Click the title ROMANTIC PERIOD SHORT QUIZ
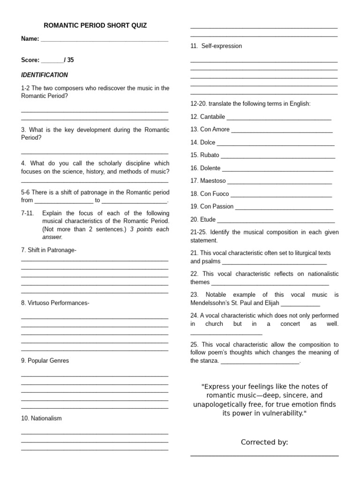click(x=95, y=25)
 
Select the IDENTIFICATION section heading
click(x=45, y=75)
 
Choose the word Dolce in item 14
click(x=208, y=142)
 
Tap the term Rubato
click(x=210, y=155)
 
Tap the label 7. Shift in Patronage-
click(x=49, y=250)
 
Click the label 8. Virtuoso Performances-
click(x=55, y=303)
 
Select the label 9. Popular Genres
click(x=45, y=360)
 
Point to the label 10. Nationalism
click(x=41, y=418)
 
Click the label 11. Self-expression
click(x=216, y=46)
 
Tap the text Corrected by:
click(x=264, y=442)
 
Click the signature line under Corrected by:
click(x=264, y=455)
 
